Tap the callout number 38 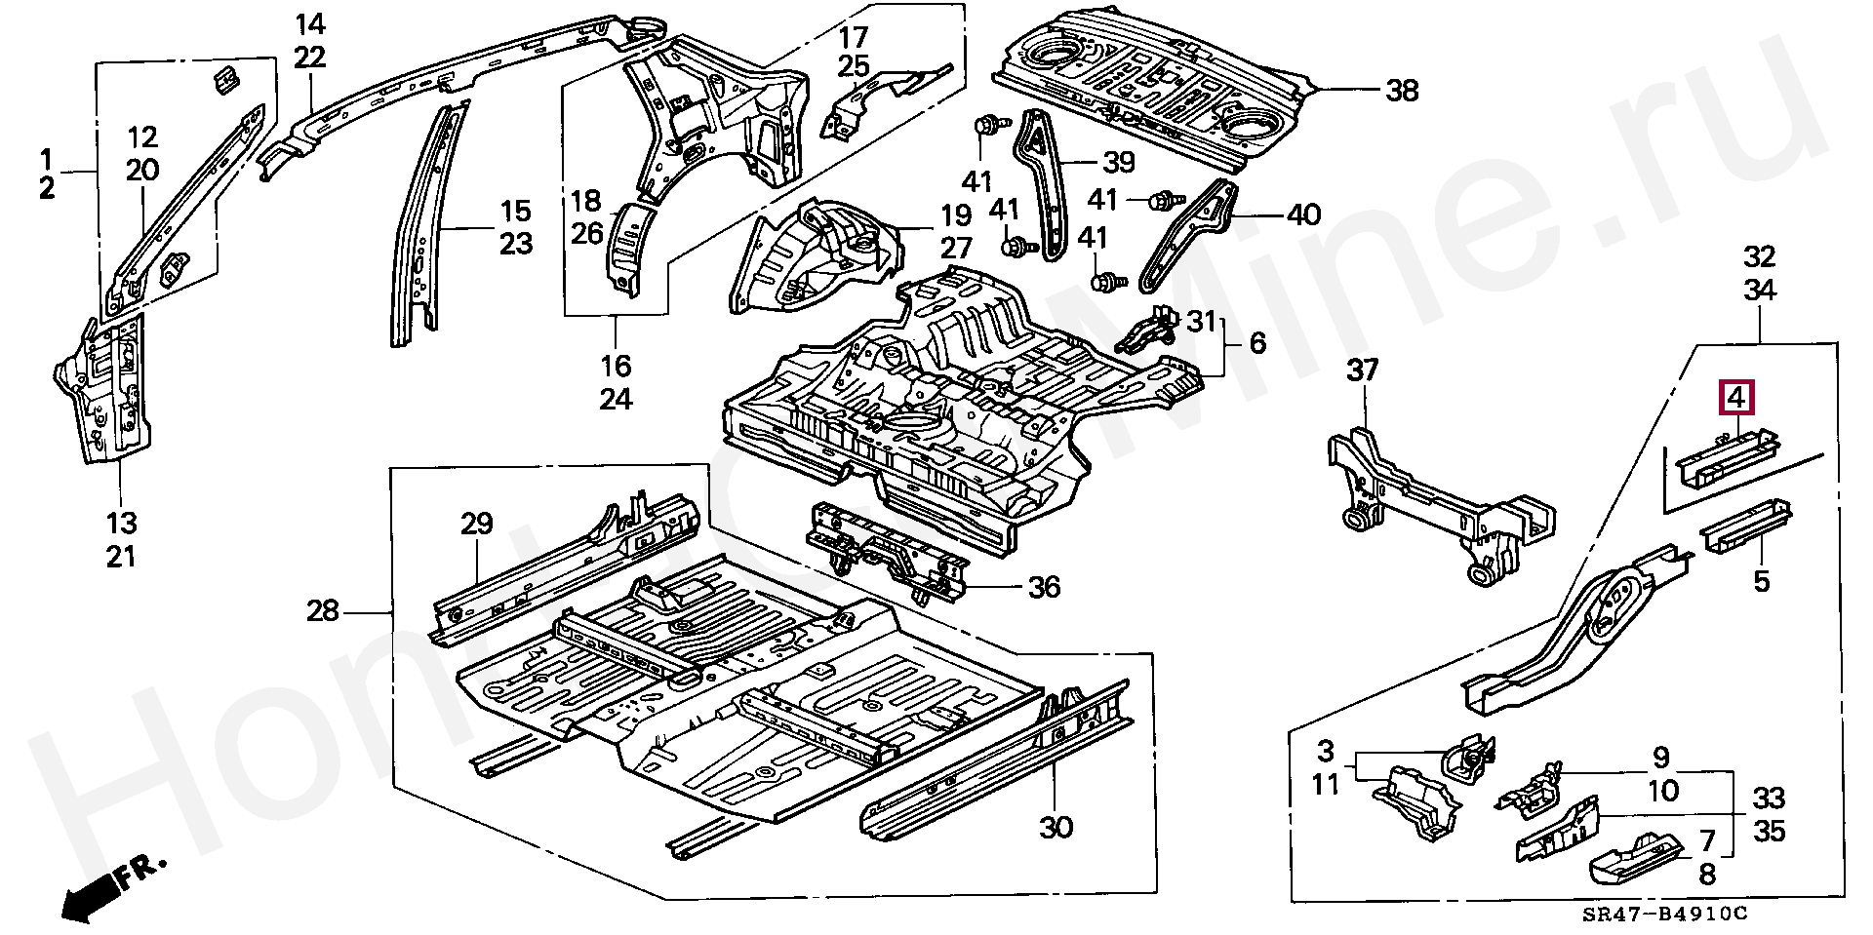pyautogui.click(x=1402, y=91)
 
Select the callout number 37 pyautogui.click(x=1363, y=370)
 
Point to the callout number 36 pyautogui.click(x=1044, y=587)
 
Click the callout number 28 pyautogui.click(x=323, y=611)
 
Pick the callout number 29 pyautogui.click(x=476, y=524)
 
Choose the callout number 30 pyautogui.click(x=1056, y=828)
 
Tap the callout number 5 pyautogui.click(x=1761, y=582)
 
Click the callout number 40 pyautogui.click(x=1303, y=214)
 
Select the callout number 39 pyautogui.click(x=1118, y=162)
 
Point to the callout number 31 pyautogui.click(x=1202, y=319)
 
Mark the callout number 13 pyautogui.click(x=122, y=524)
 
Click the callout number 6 pyautogui.click(x=1257, y=342)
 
